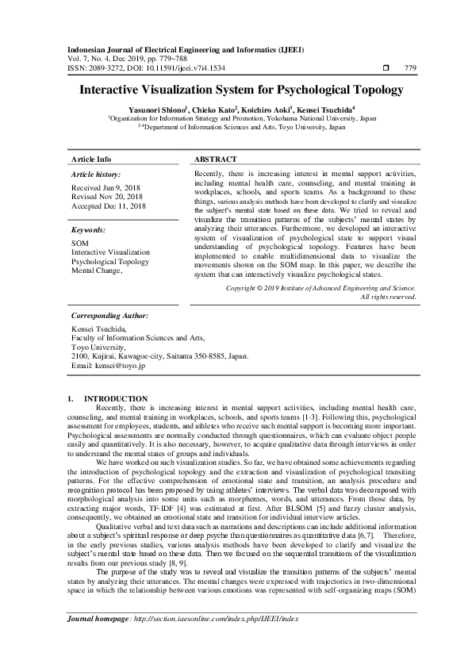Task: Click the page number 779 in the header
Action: point(410,68)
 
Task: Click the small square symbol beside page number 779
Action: point(385,68)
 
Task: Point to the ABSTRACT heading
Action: point(216,159)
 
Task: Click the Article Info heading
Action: point(91,159)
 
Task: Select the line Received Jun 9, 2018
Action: point(106,186)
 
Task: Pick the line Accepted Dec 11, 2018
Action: point(108,205)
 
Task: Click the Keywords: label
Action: point(88,228)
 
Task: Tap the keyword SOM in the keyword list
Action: point(79,243)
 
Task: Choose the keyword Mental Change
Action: point(97,271)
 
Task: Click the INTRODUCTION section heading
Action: point(116,397)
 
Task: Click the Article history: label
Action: point(96,173)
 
